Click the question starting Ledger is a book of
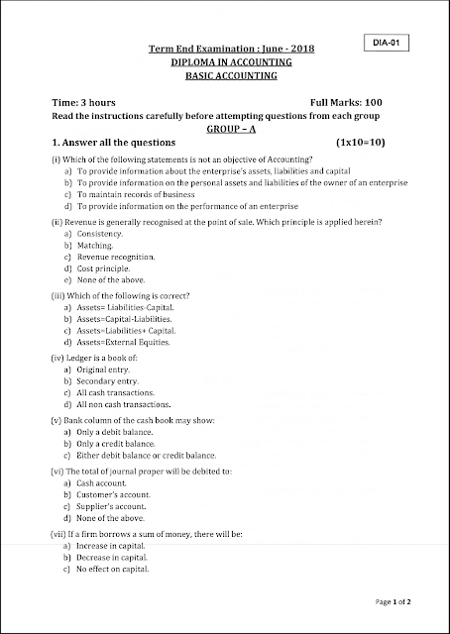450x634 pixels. (x=97, y=355)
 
